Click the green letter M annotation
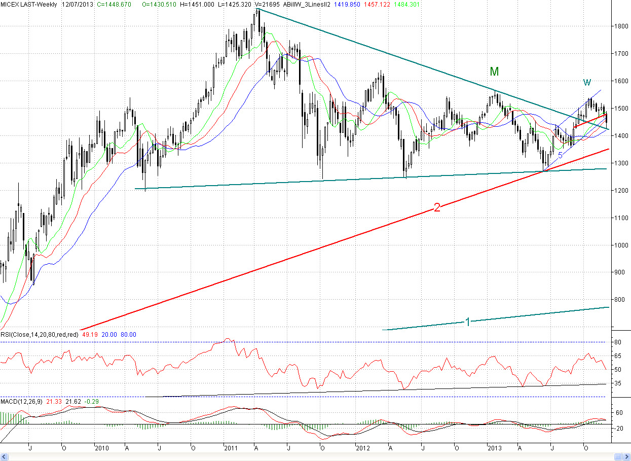494,72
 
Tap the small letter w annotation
587,82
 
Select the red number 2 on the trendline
436,207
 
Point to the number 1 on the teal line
468,321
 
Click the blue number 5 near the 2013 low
560,155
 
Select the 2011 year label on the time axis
231,448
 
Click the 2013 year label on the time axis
494,448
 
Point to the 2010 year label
101,448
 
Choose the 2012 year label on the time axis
363,448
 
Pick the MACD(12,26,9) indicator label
22,402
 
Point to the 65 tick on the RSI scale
618,356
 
